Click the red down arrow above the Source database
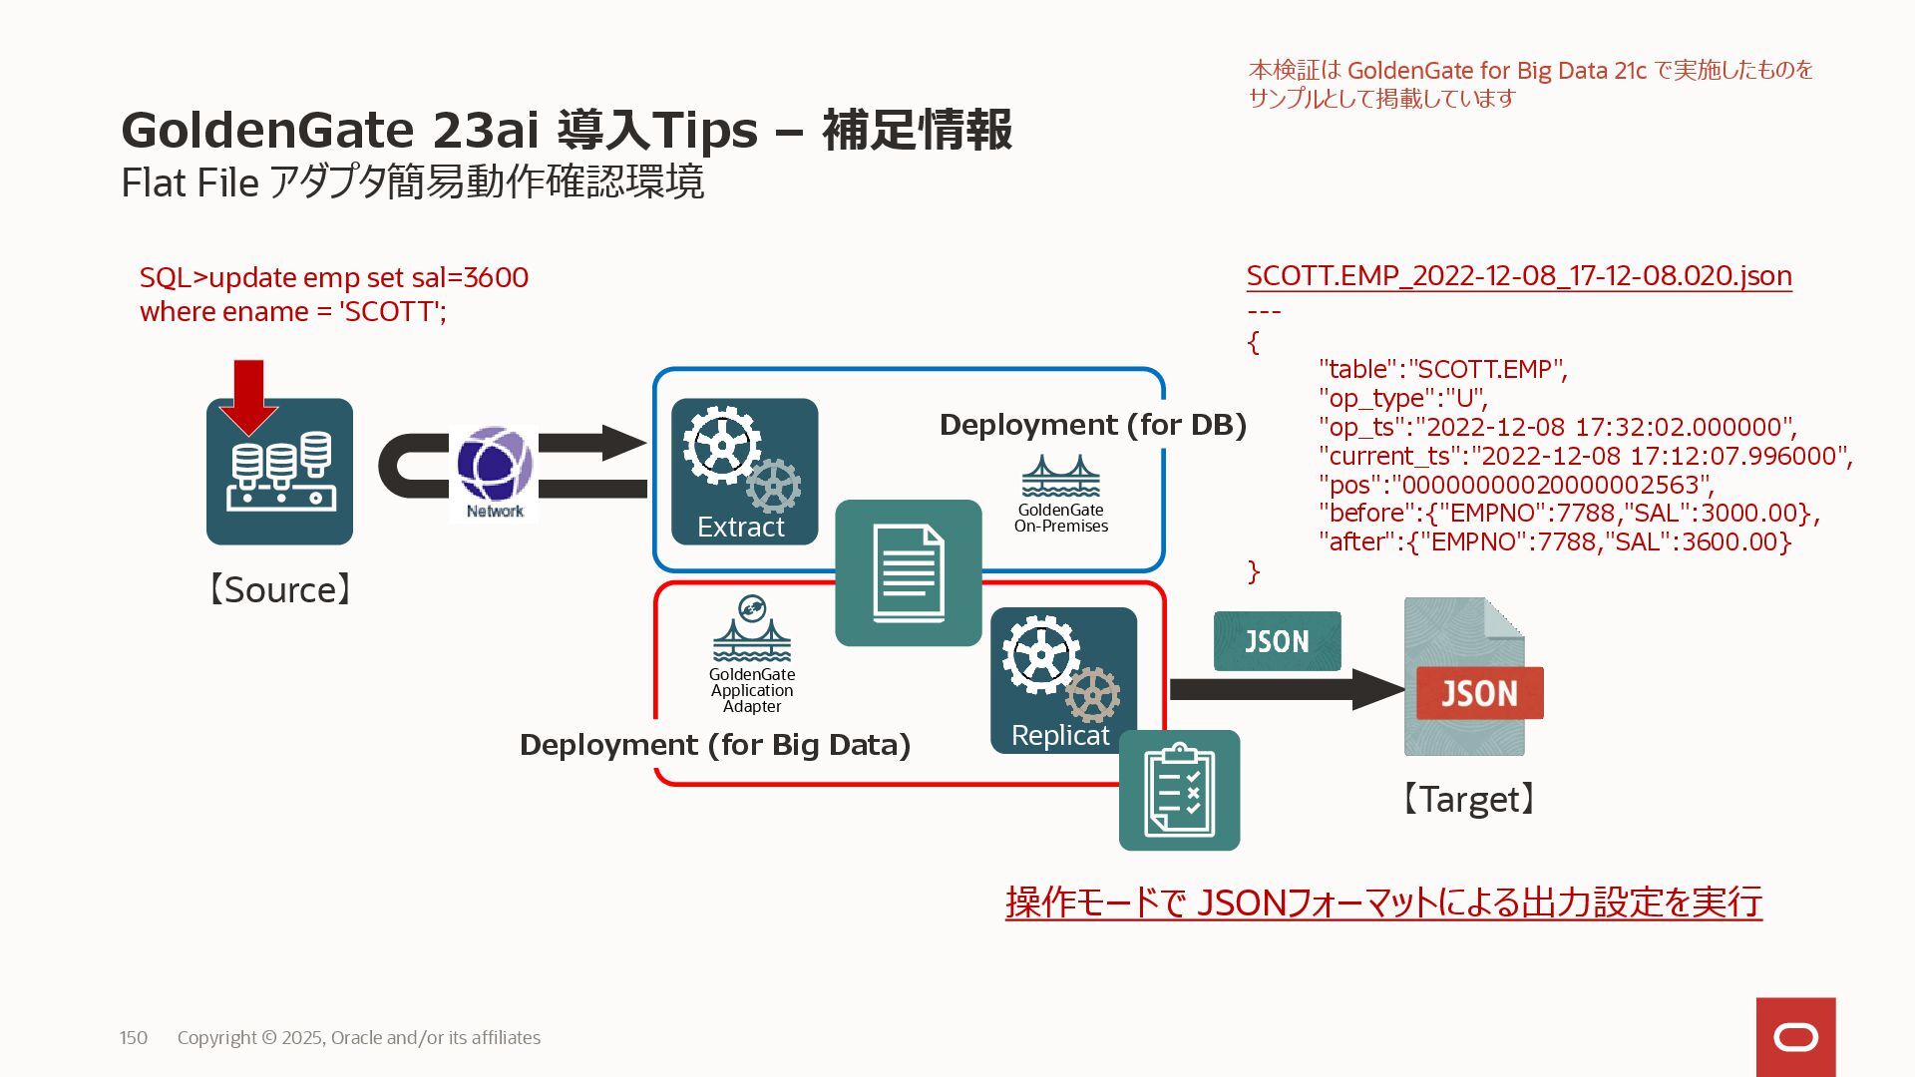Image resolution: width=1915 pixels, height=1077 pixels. [x=248, y=395]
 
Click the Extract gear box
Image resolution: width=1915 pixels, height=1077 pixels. [x=744, y=472]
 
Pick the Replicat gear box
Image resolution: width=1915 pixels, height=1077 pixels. [x=1063, y=680]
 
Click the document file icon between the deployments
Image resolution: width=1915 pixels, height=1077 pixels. [x=908, y=572]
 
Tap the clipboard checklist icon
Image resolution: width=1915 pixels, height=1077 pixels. [x=1179, y=790]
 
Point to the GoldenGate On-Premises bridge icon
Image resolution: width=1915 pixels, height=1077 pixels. [x=1060, y=477]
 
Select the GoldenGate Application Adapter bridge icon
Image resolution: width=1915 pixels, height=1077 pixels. [x=752, y=630]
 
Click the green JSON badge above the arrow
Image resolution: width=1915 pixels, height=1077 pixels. [x=1277, y=641]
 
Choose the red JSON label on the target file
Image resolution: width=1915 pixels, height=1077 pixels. [x=1479, y=693]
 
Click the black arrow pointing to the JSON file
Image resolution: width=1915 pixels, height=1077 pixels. [x=1287, y=689]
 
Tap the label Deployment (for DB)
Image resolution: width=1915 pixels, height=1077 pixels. [x=1093, y=425]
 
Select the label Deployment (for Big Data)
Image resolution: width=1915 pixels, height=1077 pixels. [x=715, y=745]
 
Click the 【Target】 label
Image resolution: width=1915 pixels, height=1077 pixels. [x=1468, y=799]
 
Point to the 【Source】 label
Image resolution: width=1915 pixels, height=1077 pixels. [x=279, y=589]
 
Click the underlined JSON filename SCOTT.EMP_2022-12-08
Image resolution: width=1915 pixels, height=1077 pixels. [x=1519, y=276]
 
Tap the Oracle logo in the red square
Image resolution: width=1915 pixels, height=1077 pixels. [x=1795, y=1037]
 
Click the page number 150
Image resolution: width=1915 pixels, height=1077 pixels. [x=134, y=1038]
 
